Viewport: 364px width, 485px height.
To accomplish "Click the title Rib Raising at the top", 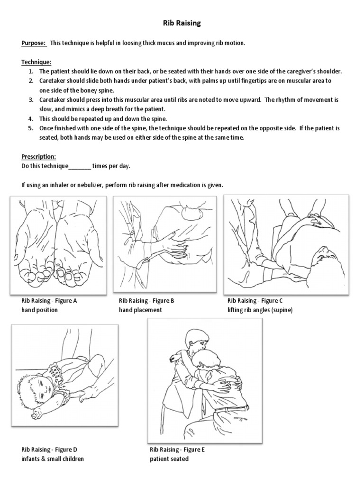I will tap(182, 23).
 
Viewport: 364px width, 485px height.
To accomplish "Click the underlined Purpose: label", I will tap(33, 43).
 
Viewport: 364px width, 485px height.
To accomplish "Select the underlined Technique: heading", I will tap(36, 62).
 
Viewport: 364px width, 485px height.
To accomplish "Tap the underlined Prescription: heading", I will tap(39, 157).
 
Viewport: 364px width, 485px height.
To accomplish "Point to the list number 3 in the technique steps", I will tap(30, 100).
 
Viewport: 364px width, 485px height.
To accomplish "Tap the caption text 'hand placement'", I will tap(140, 310).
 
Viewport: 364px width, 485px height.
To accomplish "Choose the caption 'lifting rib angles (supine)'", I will tap(260, 310).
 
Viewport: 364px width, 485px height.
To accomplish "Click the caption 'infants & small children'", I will tap(53, 459).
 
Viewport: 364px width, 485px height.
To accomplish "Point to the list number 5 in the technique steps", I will tap(30, 128).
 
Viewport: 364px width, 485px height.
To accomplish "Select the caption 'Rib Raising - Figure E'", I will tap(177, 449).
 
